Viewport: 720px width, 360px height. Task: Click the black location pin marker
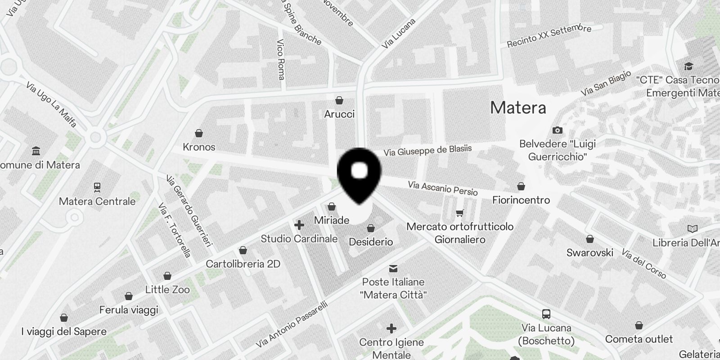359,173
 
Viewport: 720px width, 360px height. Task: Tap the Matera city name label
518,108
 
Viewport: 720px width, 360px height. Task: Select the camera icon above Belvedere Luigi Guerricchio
557,130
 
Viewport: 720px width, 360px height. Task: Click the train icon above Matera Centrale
97,187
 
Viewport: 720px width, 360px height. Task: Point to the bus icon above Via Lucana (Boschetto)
546,314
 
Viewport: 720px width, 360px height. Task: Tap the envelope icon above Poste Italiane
393,269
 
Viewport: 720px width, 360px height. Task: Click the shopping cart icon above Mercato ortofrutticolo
459,213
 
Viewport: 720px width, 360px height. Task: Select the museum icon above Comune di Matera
36,151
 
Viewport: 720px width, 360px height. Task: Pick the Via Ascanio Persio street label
442,188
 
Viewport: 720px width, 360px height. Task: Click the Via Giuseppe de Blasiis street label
427,150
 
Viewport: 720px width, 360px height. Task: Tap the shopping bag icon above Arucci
339,100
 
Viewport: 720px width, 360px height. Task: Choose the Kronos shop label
199,147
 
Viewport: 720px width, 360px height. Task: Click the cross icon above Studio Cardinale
299,225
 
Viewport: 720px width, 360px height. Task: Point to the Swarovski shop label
589,252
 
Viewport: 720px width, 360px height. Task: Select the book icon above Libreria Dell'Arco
693,229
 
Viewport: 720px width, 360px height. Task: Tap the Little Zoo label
167,289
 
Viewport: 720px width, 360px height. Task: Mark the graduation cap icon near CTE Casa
688,67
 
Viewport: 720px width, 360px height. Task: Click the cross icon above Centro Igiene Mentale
391,328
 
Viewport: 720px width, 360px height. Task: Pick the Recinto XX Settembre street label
549,36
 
